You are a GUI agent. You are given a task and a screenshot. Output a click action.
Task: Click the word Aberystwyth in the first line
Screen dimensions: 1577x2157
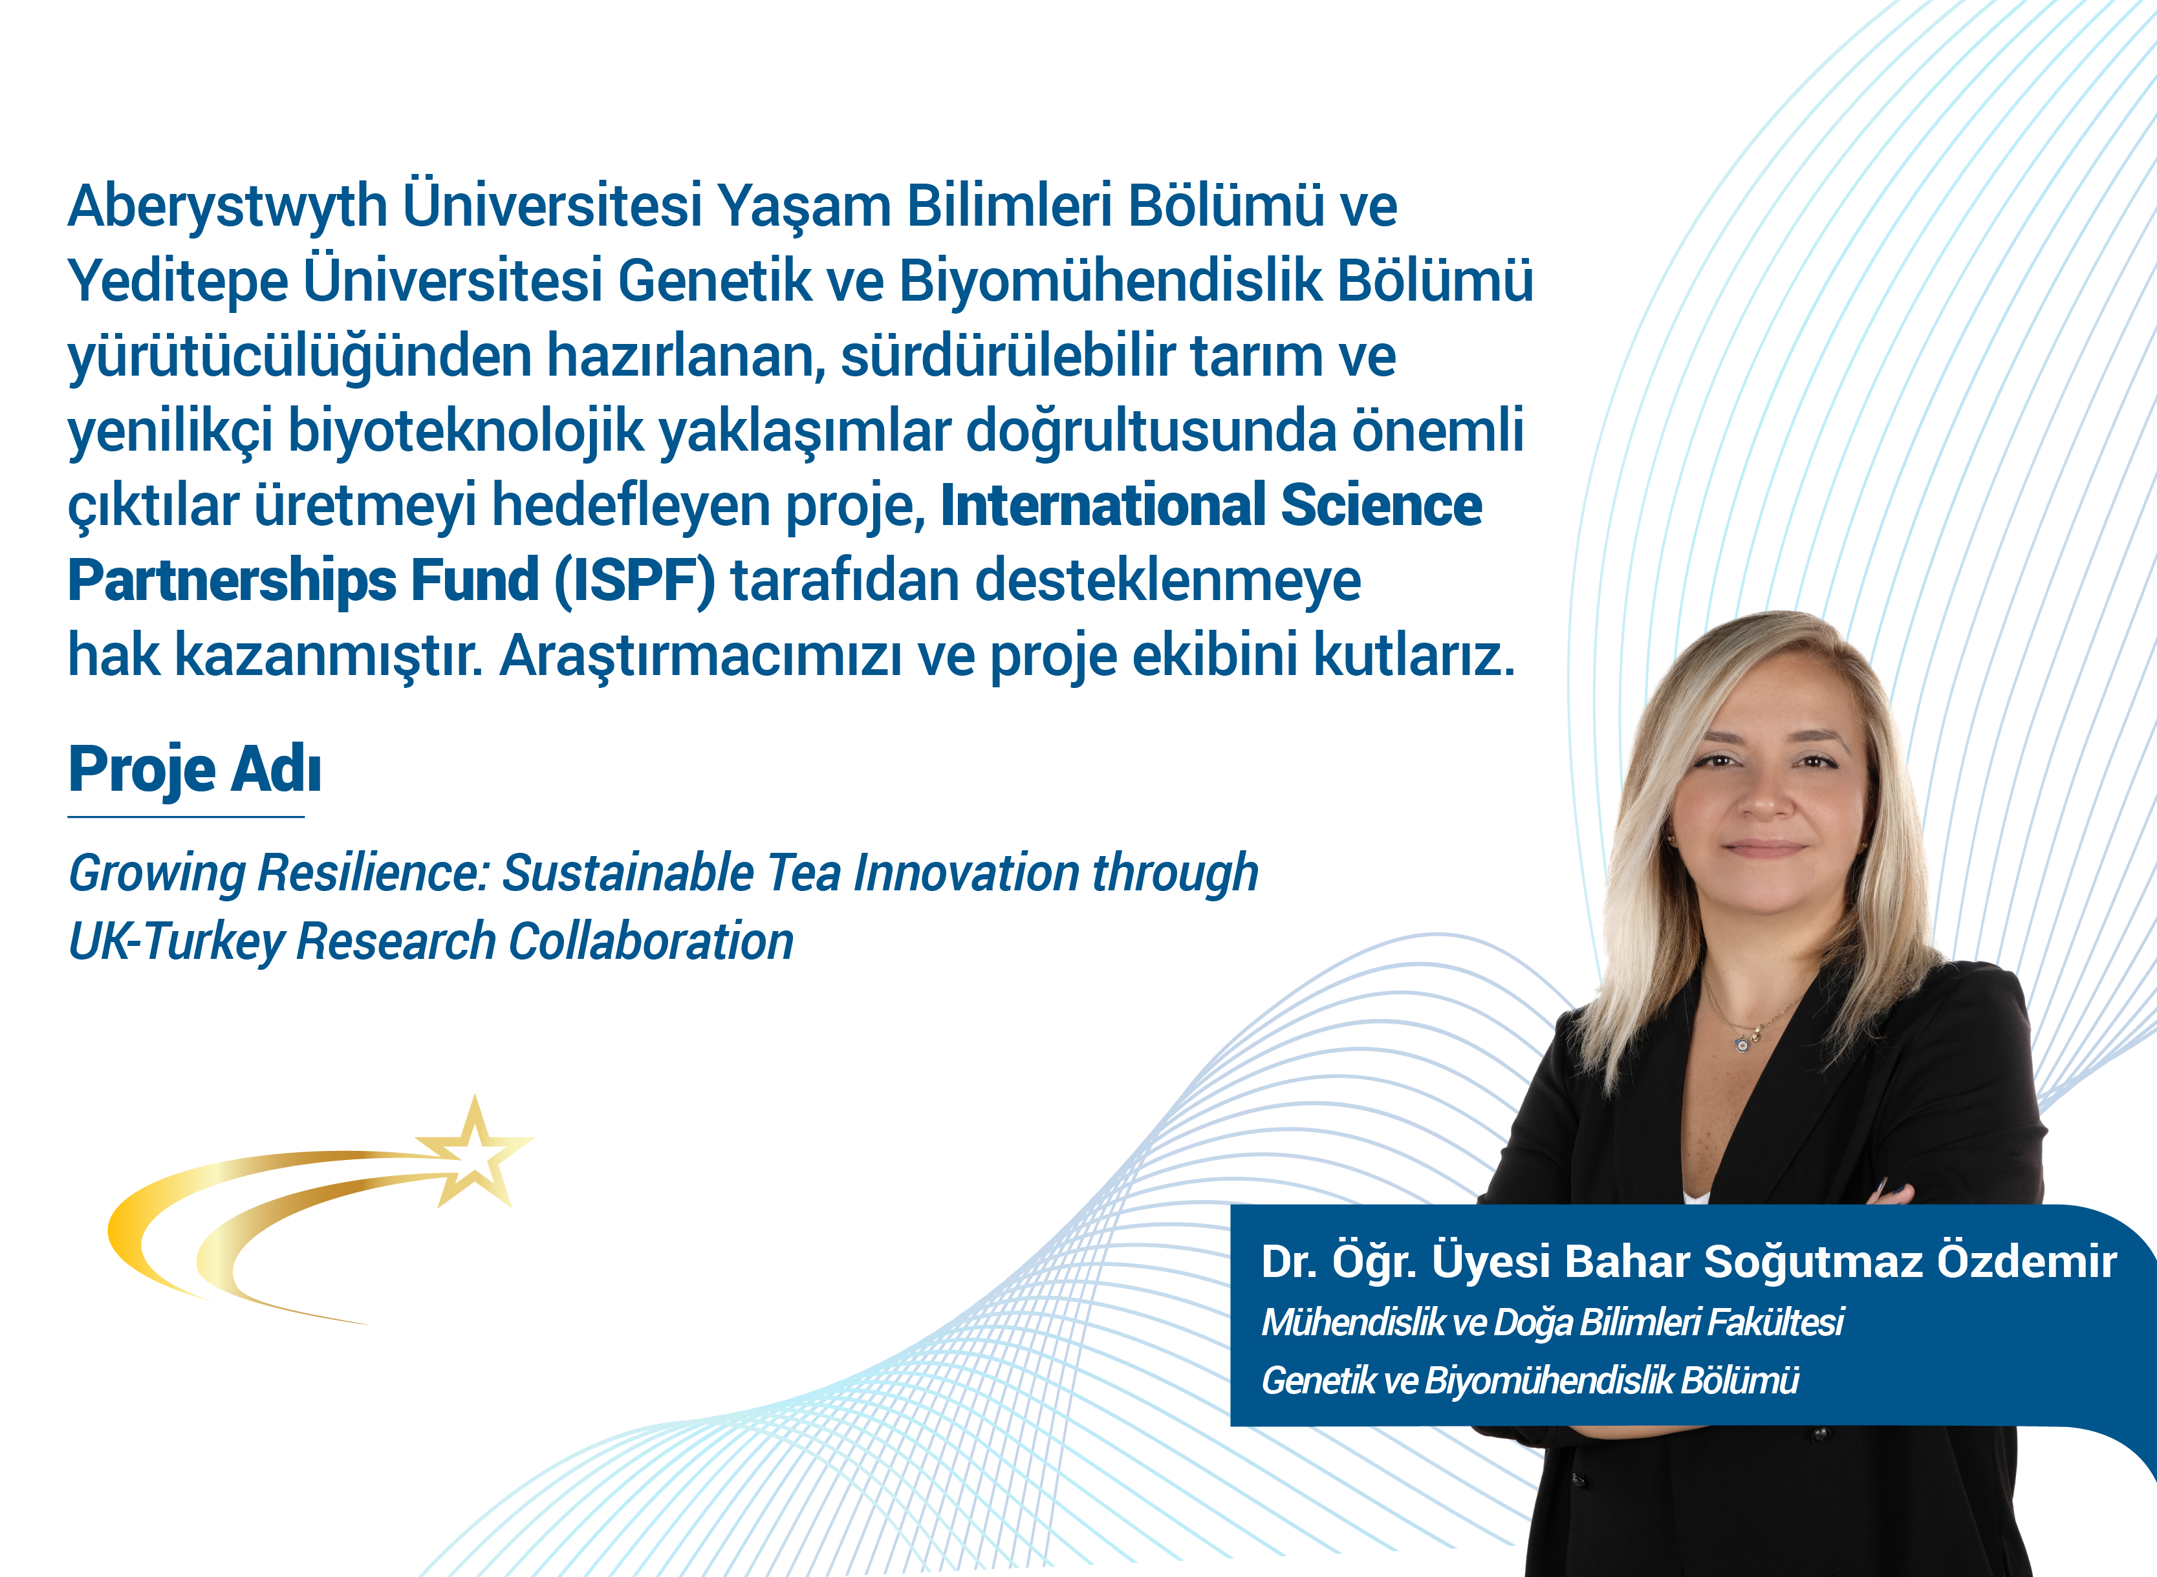pyautogui.click(x=227, y=207)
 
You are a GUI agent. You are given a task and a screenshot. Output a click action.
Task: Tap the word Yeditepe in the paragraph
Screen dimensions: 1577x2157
pyautogui.click(x=178, y=282)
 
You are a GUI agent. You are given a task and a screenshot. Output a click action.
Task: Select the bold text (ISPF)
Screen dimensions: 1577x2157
pyautogui.click(x=635, y=581)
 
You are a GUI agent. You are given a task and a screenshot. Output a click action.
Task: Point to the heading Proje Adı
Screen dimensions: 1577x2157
pyautogui.click(x=195, y=769)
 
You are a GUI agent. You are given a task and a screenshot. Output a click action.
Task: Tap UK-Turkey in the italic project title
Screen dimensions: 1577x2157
pyautogui.click(x=177, y=942)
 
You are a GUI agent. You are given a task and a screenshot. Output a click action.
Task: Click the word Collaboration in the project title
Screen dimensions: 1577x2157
pyautogui.click(x=650, y=942)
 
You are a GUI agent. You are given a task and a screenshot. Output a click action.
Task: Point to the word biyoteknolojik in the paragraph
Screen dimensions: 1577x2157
pyautogui.click(x=467, y=431)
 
